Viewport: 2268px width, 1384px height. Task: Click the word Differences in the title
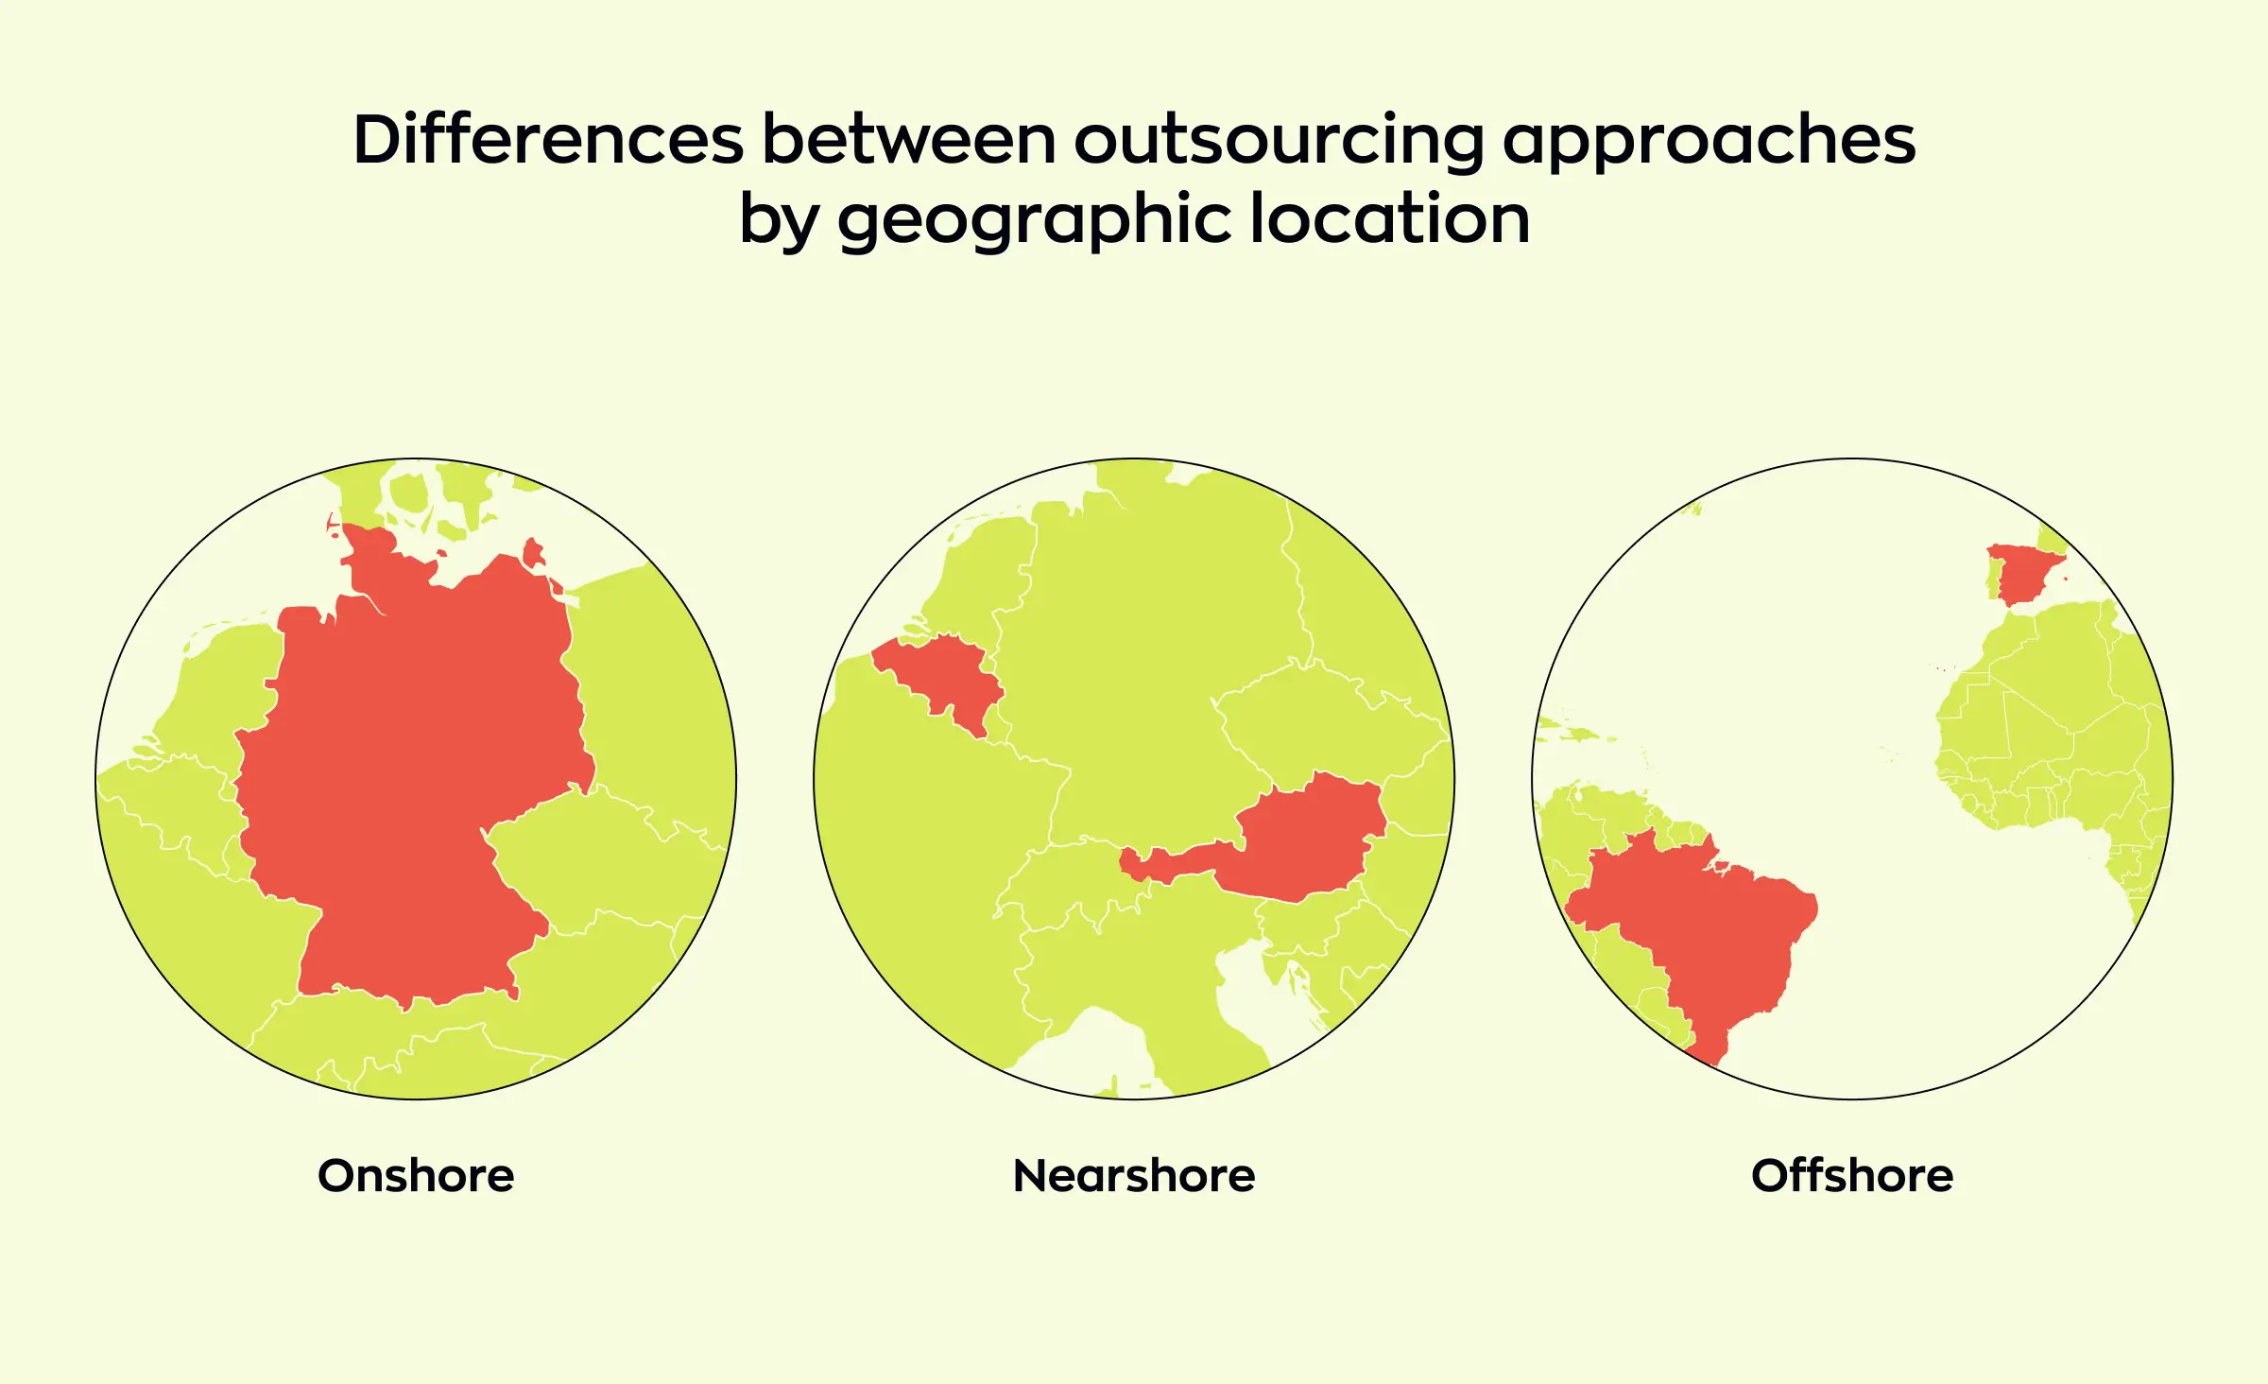pyautogui.click(x=548, y=140)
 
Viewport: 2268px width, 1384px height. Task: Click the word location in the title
pyautogui.click(x=1389, y=219)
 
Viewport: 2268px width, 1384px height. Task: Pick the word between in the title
pyautogui.click(x=908, y=140)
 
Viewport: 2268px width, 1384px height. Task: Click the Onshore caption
pyautogui.click(x=416, y=1175)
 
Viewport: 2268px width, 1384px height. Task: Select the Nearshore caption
pyautogui.click(x=1134, y=1175)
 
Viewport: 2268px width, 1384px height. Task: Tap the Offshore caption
pyautogui.click(x=1852, y=1175)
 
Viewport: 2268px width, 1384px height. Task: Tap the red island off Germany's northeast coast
pyautogui.click(x=533, y=552)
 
